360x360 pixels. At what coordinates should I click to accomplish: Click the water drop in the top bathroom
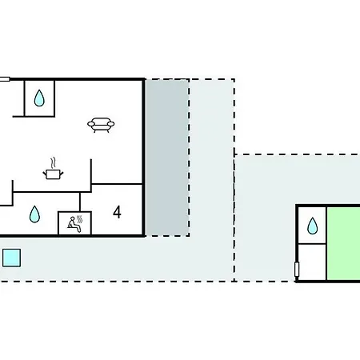tap(39, 98)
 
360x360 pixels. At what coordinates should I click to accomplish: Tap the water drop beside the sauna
tap(34, 214)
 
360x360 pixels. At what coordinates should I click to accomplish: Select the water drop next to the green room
tap(313, 226)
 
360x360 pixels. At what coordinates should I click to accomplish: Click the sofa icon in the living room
tap(101, 125)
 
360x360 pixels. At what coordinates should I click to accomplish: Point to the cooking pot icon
tap(53, 174)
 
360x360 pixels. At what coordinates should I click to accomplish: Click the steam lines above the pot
tap(54, 163)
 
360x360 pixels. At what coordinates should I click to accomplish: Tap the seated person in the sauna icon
tap(73, 224)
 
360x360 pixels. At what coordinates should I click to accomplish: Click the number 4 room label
tap(117, 212)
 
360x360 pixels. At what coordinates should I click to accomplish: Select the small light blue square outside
tap(11, 258)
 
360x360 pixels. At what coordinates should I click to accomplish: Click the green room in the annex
tap(344, 243)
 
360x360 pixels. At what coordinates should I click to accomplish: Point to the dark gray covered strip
tap(167, 158)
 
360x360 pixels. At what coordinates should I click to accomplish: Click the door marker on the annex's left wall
tap(297, 269)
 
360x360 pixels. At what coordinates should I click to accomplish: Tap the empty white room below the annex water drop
tap(312, 262)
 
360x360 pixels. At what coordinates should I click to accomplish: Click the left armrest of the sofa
tap(91, 124)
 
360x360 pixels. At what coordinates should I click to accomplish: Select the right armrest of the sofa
tap(110, 124)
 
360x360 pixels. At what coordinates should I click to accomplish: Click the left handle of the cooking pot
tap(45, 174)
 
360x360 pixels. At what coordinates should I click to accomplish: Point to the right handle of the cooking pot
tap(62, 174)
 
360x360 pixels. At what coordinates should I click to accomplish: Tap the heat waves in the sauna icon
tap(79, 219)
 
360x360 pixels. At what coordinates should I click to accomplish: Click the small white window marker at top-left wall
tap(5, 79)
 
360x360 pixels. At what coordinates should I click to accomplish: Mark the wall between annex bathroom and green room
tap(326, 243)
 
